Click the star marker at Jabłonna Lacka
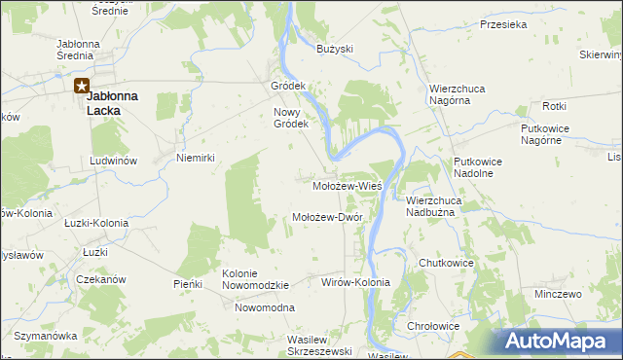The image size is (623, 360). [x=82, y=86]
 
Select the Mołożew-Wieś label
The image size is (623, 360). [x=346, y=185]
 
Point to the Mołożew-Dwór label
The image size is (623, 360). [x=327, y=218]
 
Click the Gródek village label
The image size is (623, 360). [x=288, y=86]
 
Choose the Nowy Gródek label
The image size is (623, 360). [x=290, y=118]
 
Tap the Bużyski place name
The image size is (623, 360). [x=335, y=49]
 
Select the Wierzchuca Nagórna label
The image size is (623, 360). [x=458, y=94]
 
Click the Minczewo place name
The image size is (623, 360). [x=558, y=293]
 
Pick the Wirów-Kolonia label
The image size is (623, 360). [x=355, y=282]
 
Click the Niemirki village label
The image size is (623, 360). [x=194, y=157]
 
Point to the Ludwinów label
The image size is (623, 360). [x=113, y=160]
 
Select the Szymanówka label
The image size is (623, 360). [x=45, y=336]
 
